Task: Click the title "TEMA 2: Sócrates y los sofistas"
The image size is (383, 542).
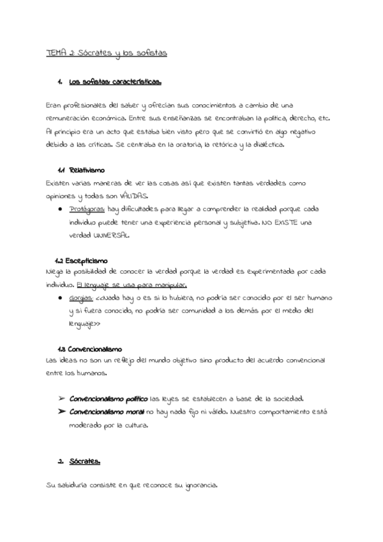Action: click(107, 54)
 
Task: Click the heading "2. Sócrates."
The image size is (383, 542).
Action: click(82, 461)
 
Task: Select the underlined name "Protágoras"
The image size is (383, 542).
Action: click(88, 209)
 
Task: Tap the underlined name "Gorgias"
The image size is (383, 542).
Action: click(82, 298)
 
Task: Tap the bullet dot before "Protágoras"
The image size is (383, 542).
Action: click(60, 209)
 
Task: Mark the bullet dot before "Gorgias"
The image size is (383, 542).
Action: click(60, 298)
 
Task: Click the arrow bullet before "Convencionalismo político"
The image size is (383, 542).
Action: click(61, 398)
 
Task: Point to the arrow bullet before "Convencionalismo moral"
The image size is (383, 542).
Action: click(61, 411)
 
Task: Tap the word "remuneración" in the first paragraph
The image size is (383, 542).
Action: click(71, 118)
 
